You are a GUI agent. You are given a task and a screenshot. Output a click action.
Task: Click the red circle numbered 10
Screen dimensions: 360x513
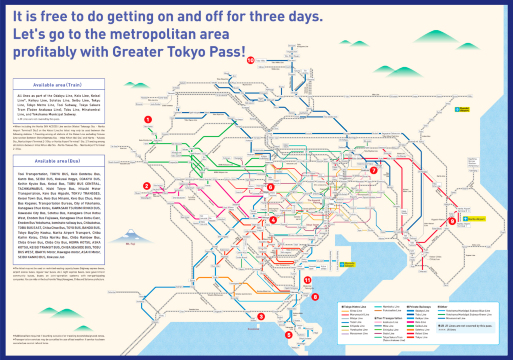(x=251, y=59)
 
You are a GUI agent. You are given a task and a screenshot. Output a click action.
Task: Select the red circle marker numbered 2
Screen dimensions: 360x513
(x=146, y=185)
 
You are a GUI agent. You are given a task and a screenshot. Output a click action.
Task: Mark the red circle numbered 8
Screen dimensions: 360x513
(x=261, y=316)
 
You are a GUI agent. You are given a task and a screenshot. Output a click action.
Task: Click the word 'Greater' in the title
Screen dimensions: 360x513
(x=152, y=54)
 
